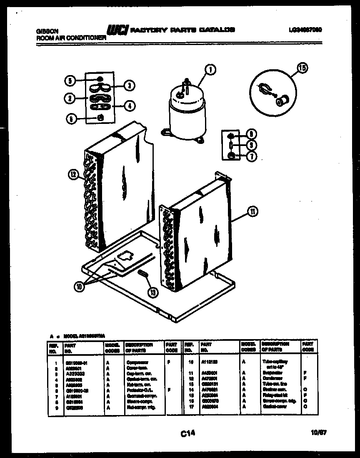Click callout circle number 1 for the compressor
coord(211,70)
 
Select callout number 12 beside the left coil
coord(73,175)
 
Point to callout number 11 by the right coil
coord(252,212)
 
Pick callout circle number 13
coord(153,293)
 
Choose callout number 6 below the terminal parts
coord(71,118)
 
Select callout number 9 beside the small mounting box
coord(251,145)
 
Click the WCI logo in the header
coord(117,30)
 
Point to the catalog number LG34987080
coord(305,30)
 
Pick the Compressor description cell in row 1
coord(137,363)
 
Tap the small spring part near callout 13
coord(142,274)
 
